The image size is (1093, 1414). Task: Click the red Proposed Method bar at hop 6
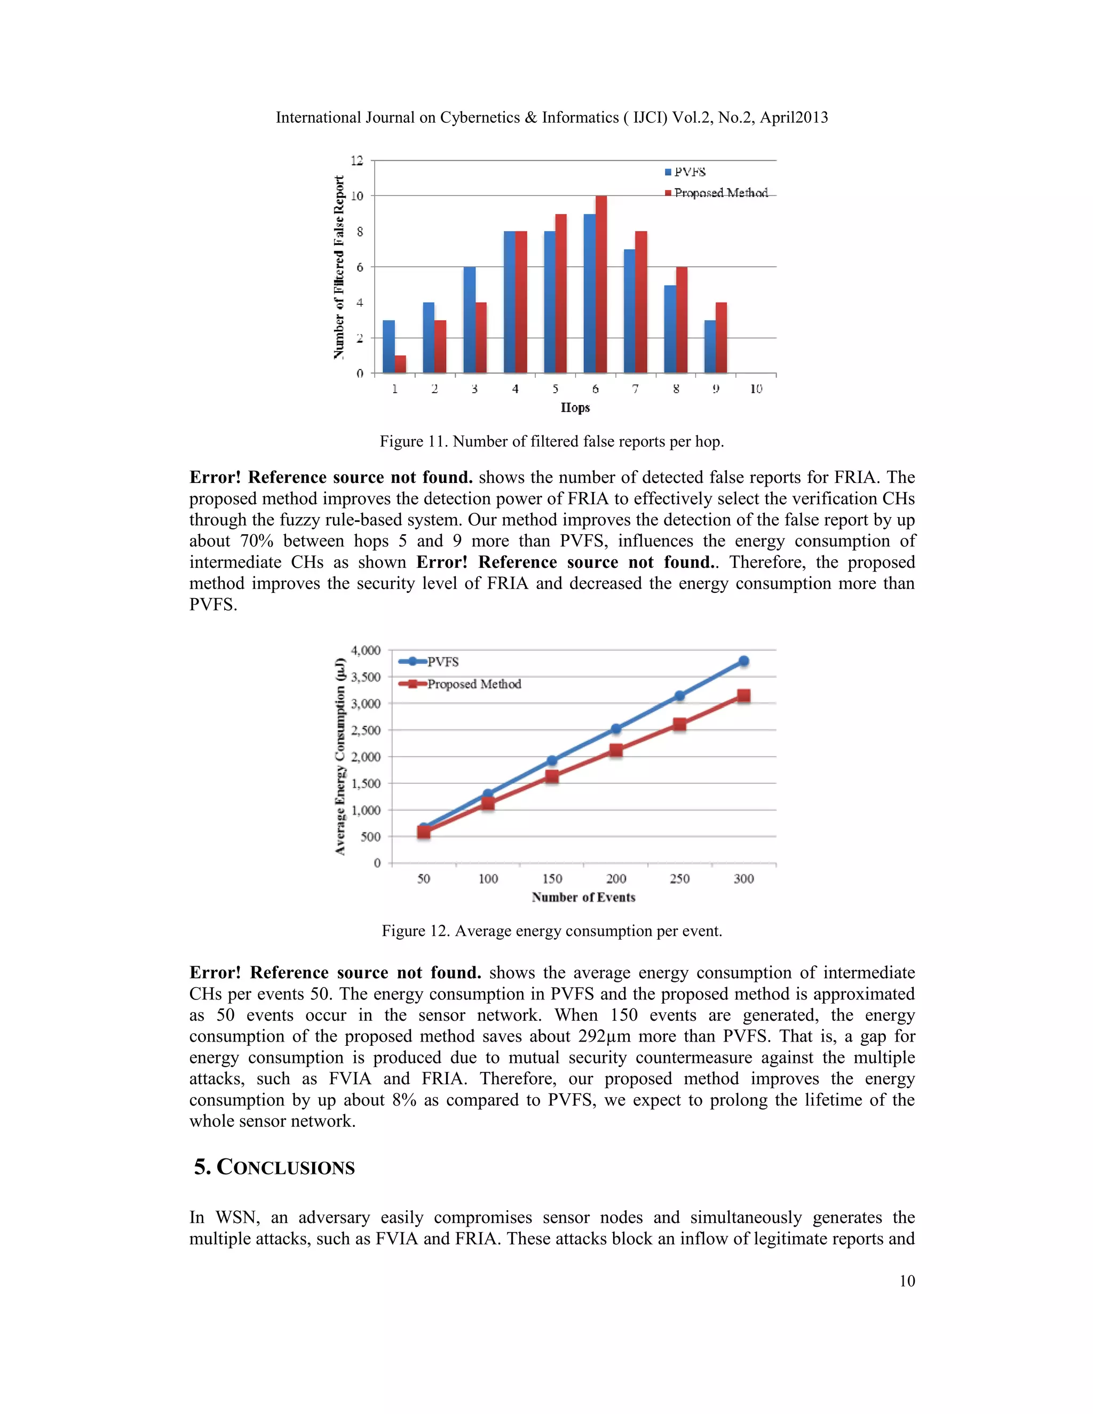tap(601, 285)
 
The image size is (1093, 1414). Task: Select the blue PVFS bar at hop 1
tap(389, 346)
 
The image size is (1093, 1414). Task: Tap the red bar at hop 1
tap(400, 364)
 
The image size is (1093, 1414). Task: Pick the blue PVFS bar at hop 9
tap(710, 346)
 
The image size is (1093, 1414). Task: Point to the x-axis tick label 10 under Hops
tap(756, 389)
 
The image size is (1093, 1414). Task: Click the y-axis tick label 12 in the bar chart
tap(357, 161)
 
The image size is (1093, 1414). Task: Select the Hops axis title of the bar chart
tap(575, 408)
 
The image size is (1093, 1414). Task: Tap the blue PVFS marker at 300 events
tap(743, 661)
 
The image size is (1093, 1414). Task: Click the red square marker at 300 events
tap(743, 696)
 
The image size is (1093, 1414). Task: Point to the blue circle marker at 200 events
tap(616, 729)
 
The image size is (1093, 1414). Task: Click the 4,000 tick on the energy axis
tap(365, 650)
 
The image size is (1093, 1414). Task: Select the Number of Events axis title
tap(583, 897)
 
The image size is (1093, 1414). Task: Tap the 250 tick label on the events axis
tap(679, 879)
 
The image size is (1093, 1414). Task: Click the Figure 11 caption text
tap(552, 442)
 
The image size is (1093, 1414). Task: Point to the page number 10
tap(907, 1281)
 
